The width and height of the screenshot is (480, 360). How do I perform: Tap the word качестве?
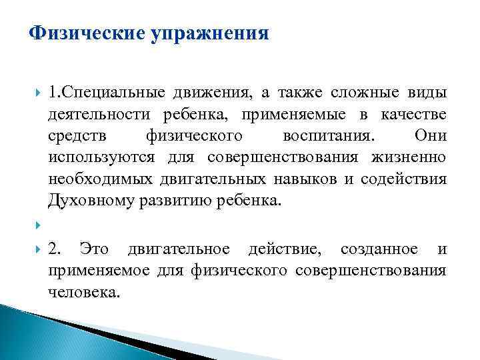(x=415, y=115)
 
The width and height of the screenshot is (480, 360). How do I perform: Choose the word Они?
(x=431, y=136)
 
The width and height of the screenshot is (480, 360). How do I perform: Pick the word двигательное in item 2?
(x=179, y=250)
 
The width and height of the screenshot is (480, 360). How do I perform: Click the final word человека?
(x=83, y=292)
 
